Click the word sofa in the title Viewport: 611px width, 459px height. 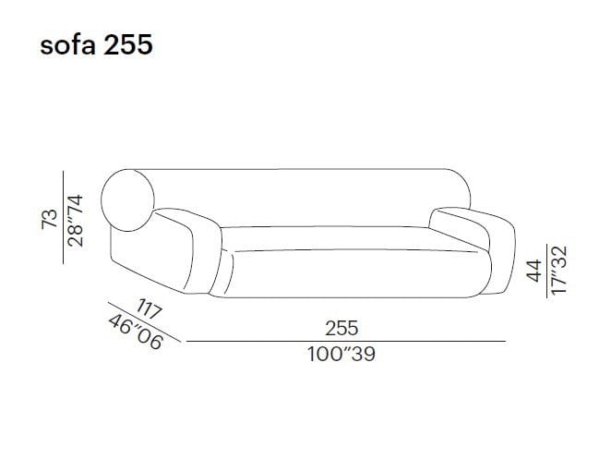pyautogui.click(x=67, y=44)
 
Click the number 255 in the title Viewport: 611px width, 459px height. pyautogui.click(x=128, y=44)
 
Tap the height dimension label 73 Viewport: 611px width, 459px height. pyautogui.click(x=50, y=219)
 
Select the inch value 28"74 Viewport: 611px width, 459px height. pyautogui.click(x=75, y=221)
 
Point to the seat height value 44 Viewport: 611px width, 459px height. pyautogui.click(x=534, y=271)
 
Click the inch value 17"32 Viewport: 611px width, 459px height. pyautogui.click(x=559, y=270)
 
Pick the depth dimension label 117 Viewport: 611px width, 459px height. pyautogui.click(x=149, y=309)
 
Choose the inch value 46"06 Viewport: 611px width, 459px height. pyautogui.click(x=136, y=332)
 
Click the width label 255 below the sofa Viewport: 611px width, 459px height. pyautogui.click(x=341, y=329)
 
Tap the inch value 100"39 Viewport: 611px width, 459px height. pyautogui.click(x=341, y=355)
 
